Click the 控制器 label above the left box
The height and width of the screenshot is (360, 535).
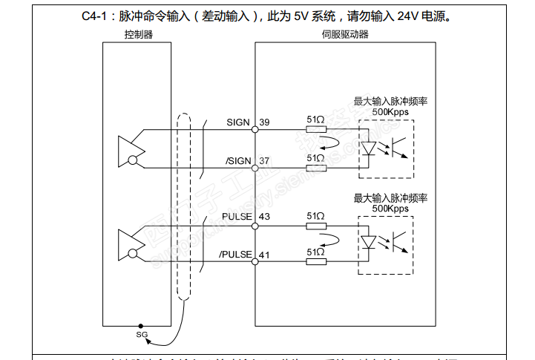click(139, 35)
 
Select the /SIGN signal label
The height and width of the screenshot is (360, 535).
click(237, 161)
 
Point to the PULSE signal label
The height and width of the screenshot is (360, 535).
click(237, 216)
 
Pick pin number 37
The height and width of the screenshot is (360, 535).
click(264, 161)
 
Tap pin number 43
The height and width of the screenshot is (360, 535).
click(264, 216)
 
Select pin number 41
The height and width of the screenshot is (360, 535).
click(264, 255)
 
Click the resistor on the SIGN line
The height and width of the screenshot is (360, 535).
click(315, 129)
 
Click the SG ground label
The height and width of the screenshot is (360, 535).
click(142, 335)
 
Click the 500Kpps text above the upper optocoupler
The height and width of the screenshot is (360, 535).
click(390, 112)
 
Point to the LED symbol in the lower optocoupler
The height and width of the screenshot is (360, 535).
click(370, 242)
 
